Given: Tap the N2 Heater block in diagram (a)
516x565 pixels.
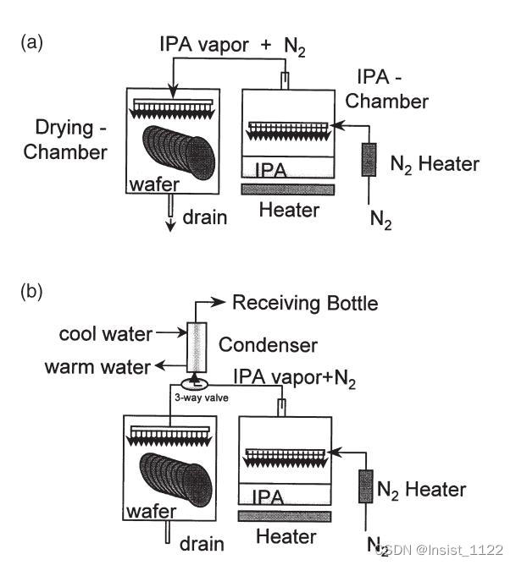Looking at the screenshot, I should coord(369,162).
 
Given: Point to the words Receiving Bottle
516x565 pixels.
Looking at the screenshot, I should coord(305,303).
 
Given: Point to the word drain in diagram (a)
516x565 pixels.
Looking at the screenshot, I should coord(206,217).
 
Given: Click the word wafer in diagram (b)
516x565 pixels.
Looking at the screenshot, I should coord(152,512).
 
